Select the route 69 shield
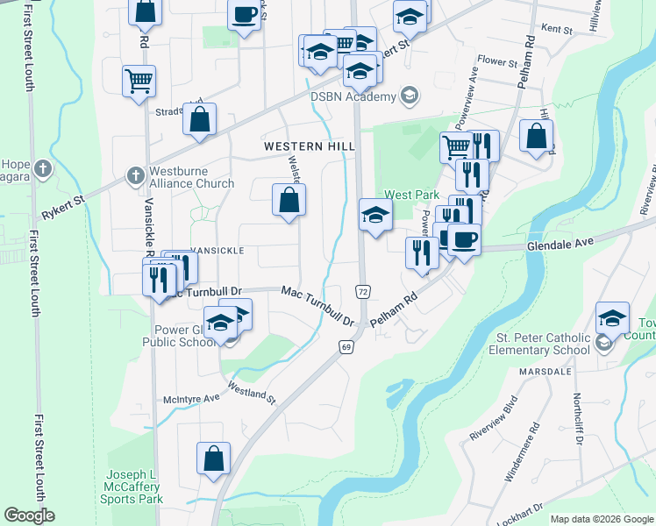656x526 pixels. point(346,348)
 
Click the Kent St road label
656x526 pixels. point(556,30)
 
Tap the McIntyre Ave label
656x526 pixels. point(191,399)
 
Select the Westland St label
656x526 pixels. point(252,391)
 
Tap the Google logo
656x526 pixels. point(30,516)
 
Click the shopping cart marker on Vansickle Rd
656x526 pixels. point(139,82)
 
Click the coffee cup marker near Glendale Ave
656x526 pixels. point(464,238)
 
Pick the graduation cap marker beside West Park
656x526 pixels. point(375,215)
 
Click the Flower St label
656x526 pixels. point(497,62)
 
